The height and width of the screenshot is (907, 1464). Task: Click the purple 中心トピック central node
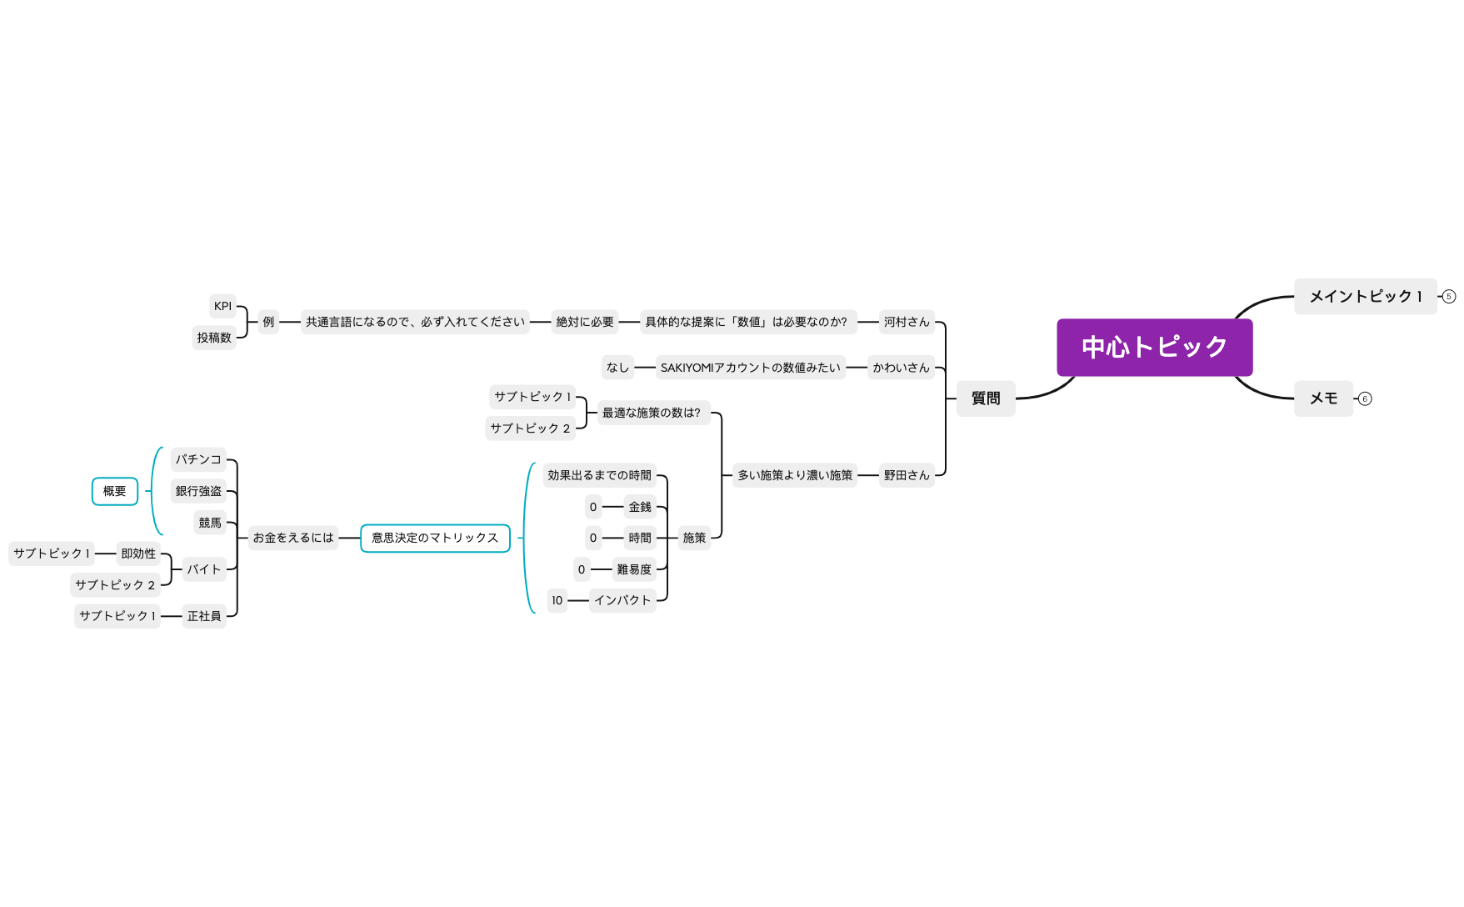pyautogui.click(x=1154, y=347)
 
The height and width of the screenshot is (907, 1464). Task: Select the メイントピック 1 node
pyautogui.click(x=1365, y=296)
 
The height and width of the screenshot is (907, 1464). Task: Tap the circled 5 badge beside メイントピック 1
pyautogui.click(x=1449, y=296)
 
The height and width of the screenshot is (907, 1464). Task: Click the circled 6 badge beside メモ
pyautogui.click(x=1365, y=398)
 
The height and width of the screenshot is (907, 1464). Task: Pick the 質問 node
pyautogui.click(x=986, y=398)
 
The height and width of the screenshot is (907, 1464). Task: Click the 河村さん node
pyautogui.click(x=907, y=322)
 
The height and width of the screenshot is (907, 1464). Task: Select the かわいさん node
pyautogui.click(x=901, y=368)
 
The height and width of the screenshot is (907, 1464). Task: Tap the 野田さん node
pyautogui.click(x=907, y=475)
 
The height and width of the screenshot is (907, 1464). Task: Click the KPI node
pyautogui.click(x=222, y=306)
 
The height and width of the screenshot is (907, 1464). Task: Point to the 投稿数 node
pyautogui.click(x=214, y=338)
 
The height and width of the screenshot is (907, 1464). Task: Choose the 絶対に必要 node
pyautogui.click(x=585, y=322)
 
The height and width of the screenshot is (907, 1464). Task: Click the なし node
pyautogui.click(x=617, y=368)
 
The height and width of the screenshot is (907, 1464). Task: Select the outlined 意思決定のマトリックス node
pyautogui.click(x=435, y=538)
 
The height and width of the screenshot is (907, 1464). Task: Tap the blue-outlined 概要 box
pyautogui.click(x=115, y=491)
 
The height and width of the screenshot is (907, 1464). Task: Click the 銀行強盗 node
pyautogui.click(x=198, y=491)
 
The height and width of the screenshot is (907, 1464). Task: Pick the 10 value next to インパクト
pyautogui.click(x=557, y=600)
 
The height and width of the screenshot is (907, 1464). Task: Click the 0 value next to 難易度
pyautogui.click(x=582, y=569)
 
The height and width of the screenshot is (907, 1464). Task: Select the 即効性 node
pyautogui.click(x=138, y=554)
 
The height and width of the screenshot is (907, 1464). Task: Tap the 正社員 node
pyautogui.click(x=204, y=616)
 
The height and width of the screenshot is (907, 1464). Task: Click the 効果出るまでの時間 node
pyautogui.click(x=600, y=475)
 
